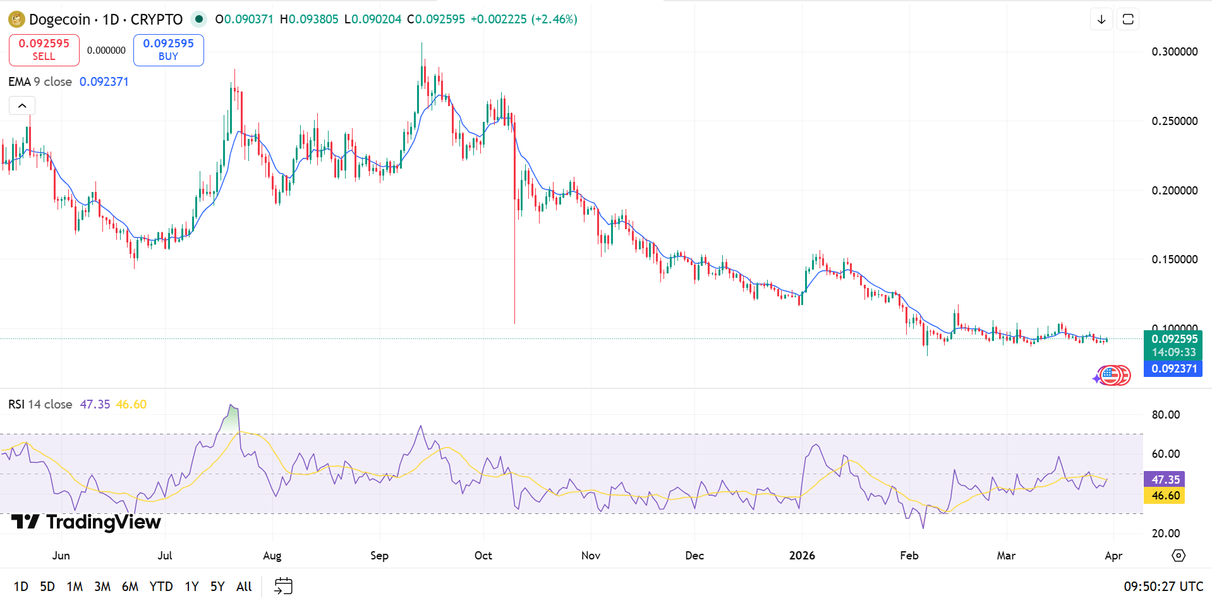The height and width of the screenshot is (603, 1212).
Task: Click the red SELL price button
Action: point(44,50)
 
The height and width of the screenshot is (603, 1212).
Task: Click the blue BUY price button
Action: point(168,50)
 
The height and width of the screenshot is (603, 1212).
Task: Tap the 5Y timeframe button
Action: point(217,587)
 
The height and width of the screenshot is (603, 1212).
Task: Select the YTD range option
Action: point(161,587)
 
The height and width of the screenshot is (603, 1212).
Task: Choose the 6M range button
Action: point(130,587)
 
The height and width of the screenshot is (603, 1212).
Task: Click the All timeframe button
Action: point(244,587)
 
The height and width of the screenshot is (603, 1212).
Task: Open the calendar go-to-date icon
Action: point(283,586)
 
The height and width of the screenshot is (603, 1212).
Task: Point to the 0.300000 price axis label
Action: point(1174,52)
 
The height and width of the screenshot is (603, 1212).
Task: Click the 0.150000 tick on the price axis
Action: point(1174,260)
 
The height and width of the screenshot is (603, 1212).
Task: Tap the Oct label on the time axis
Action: point(483,556)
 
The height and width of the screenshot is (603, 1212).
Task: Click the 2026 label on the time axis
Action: point(802,556)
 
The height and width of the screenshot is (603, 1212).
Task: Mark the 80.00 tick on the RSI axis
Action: point(1166,415)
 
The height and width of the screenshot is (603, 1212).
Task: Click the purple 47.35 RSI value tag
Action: point(1165,480)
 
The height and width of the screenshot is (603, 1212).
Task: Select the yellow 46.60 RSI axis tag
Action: point(1165,496)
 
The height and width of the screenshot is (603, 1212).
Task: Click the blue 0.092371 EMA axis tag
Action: point(1173,369)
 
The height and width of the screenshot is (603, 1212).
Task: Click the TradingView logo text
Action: point(103,522)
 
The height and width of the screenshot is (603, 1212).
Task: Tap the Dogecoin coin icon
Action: point(16,20)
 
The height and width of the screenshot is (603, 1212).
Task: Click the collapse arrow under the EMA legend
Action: point(22,105)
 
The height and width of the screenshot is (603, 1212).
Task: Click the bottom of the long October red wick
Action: point(514,323)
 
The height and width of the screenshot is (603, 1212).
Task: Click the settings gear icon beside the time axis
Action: point(1178,556)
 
